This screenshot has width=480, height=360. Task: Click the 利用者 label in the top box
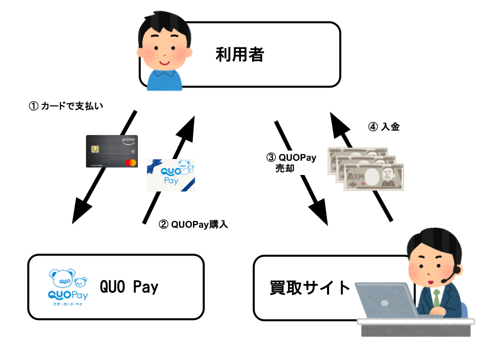click(x=239, y=54)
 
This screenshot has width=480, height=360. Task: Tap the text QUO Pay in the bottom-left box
click(x=129, y=287)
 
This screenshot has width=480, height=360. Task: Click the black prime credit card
click(x=111, y=151)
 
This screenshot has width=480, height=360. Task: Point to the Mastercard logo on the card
click(x=130, y=162)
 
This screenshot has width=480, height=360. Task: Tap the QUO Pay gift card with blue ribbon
click(x=170, y=175)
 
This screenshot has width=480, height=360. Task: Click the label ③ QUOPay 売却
click(x=291, y=163)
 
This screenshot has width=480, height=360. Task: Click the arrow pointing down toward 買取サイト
click(x=302, y=172)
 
